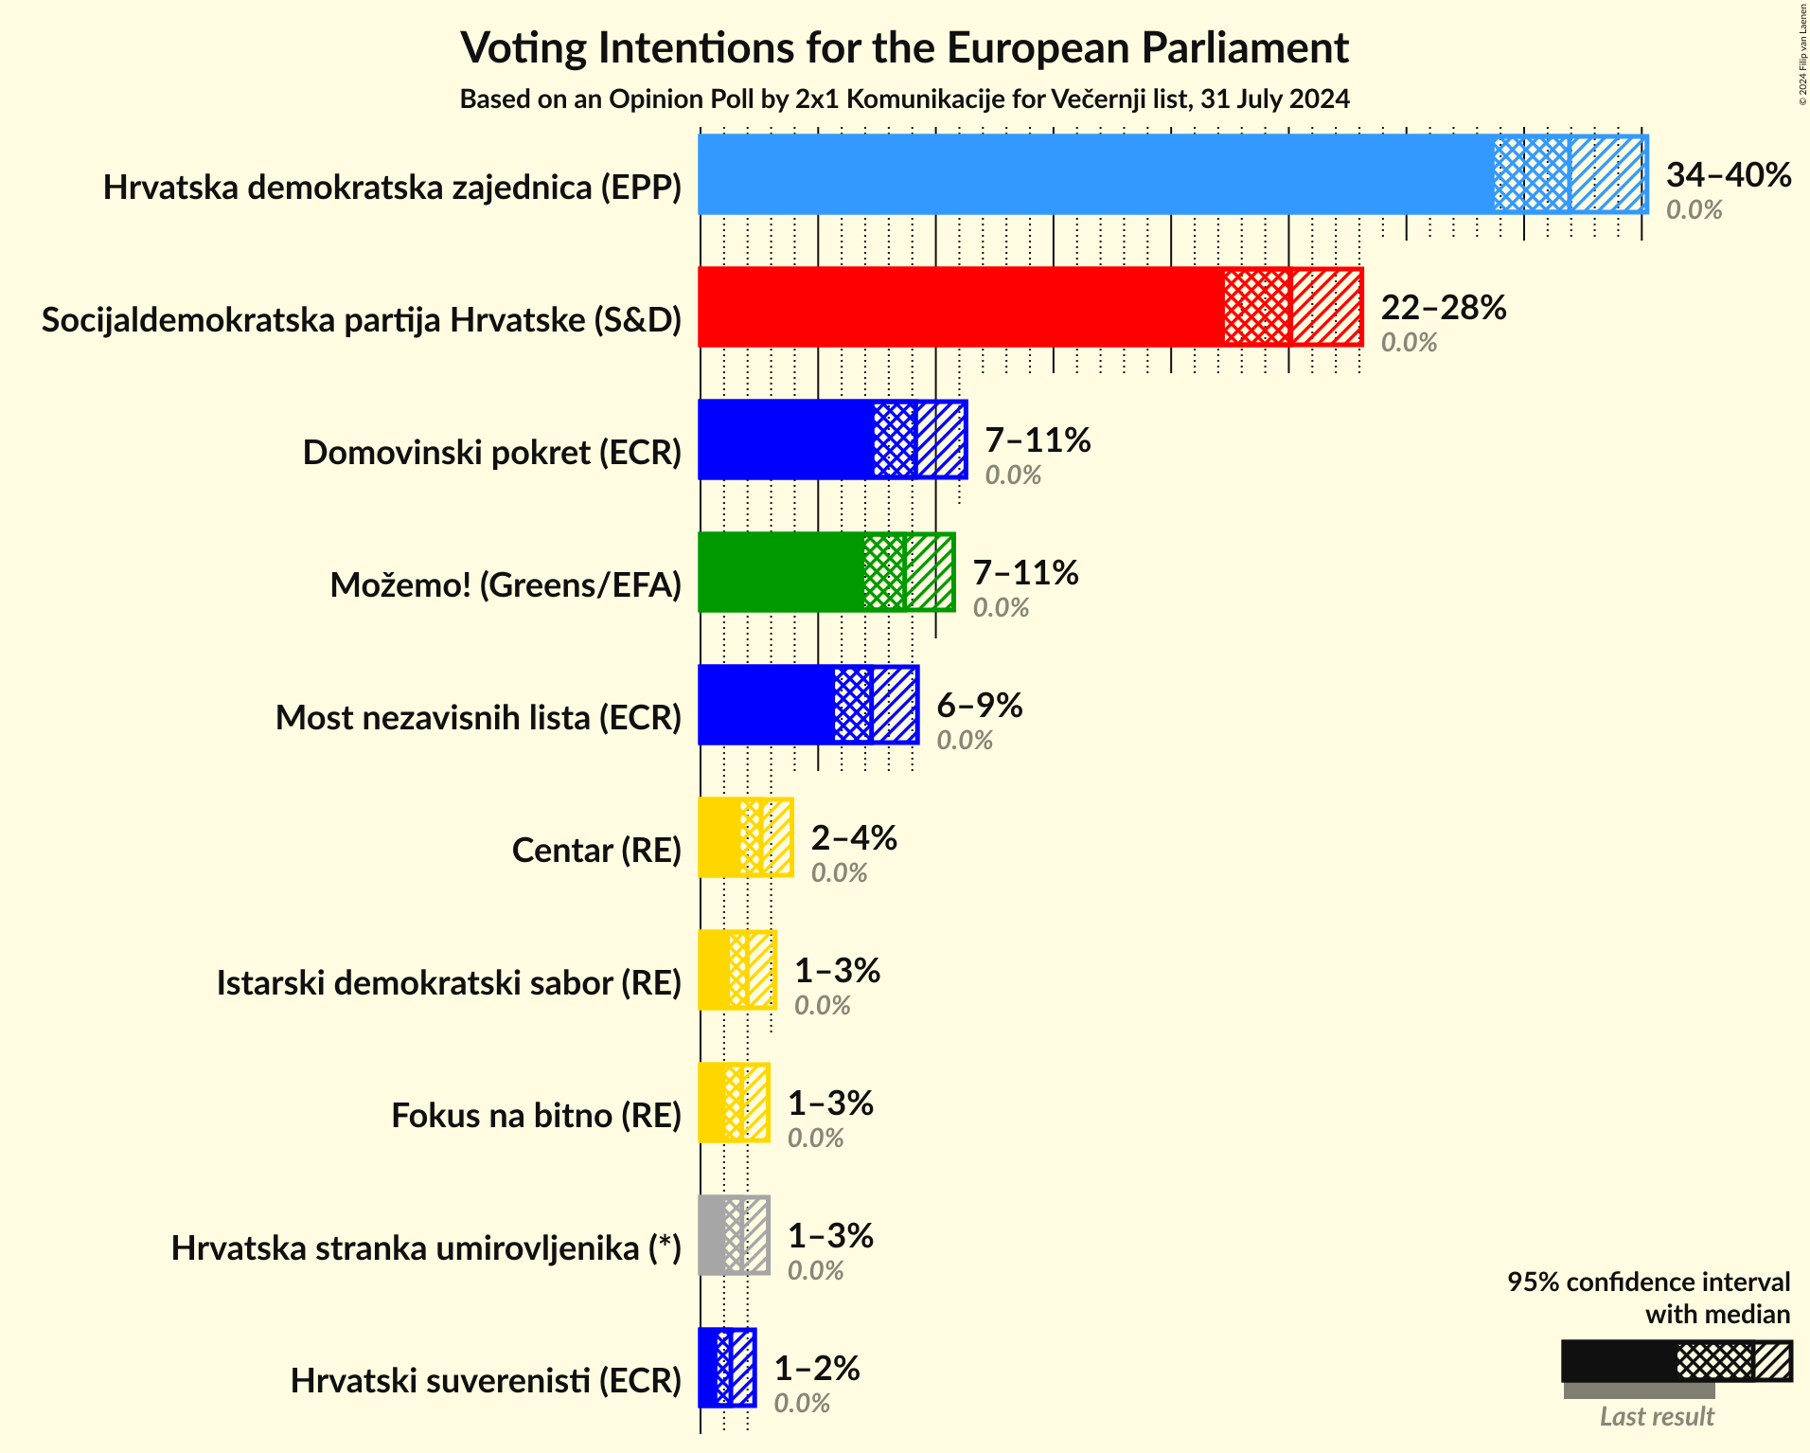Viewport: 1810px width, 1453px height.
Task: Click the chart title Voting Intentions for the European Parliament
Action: [x=904, y=48]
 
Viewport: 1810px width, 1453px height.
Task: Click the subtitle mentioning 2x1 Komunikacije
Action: [x=904, y=99]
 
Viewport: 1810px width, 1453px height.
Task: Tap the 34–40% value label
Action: [x=1728, y=175]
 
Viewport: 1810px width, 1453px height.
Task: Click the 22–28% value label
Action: [x=1443, y=308]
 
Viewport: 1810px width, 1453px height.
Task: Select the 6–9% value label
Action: [x=979, y=706]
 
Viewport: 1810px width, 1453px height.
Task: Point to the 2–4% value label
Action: [x=853, y=838]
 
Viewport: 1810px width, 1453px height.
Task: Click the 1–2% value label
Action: [x=816, y=1369]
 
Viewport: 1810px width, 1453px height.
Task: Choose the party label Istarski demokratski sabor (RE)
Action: [x=449, y=983]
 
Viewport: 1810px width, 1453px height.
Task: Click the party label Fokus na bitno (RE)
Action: [x=536, y=1116]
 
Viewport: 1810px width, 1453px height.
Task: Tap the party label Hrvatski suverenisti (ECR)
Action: [x=486, y=1381]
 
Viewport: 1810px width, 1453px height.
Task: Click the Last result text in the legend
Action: [x=1656, y=1417]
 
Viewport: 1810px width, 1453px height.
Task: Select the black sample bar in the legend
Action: [x=1618, y=1361]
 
